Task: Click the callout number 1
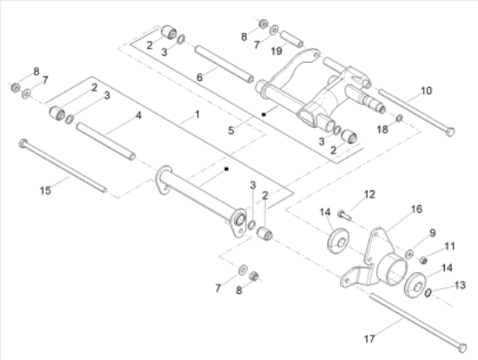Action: [x=196, y=114]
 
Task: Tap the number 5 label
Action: [x=230, y=131]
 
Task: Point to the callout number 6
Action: [x=199, y=77]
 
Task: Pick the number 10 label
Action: [x=426, y=90]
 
